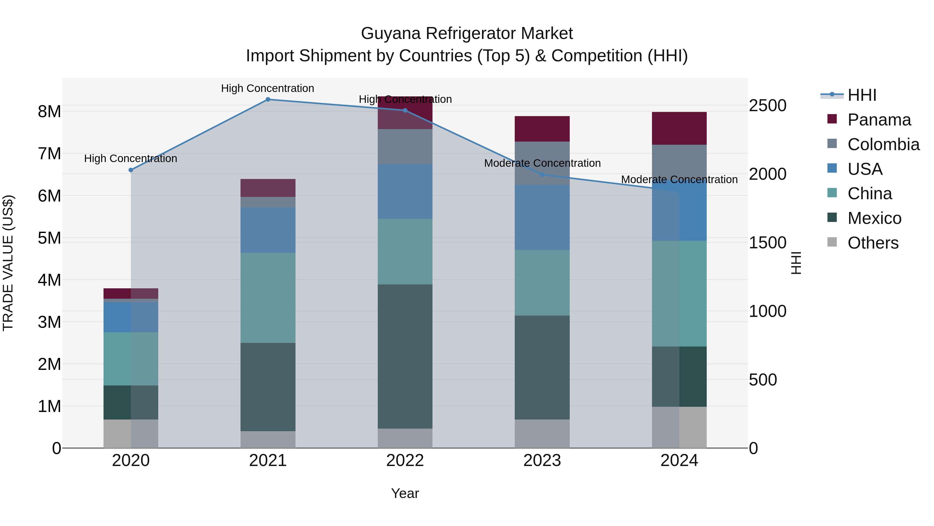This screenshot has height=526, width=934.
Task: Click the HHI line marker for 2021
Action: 268,99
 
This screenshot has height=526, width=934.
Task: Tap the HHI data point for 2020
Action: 131,170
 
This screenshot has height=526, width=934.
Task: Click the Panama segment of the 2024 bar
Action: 679,129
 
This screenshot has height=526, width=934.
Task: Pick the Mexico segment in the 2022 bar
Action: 405,356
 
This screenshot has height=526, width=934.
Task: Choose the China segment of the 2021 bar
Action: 268,298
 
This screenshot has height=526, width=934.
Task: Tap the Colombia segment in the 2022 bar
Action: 405,147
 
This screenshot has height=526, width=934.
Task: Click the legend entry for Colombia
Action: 883,144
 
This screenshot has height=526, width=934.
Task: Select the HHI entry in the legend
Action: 862,95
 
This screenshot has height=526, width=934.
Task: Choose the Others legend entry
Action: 873,243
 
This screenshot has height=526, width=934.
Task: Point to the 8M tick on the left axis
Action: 49,111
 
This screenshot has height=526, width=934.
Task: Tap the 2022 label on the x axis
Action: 405,461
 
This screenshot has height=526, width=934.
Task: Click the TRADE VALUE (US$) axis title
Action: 8,263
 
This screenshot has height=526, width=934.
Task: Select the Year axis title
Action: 405,493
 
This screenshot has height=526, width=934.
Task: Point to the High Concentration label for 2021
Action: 267,88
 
